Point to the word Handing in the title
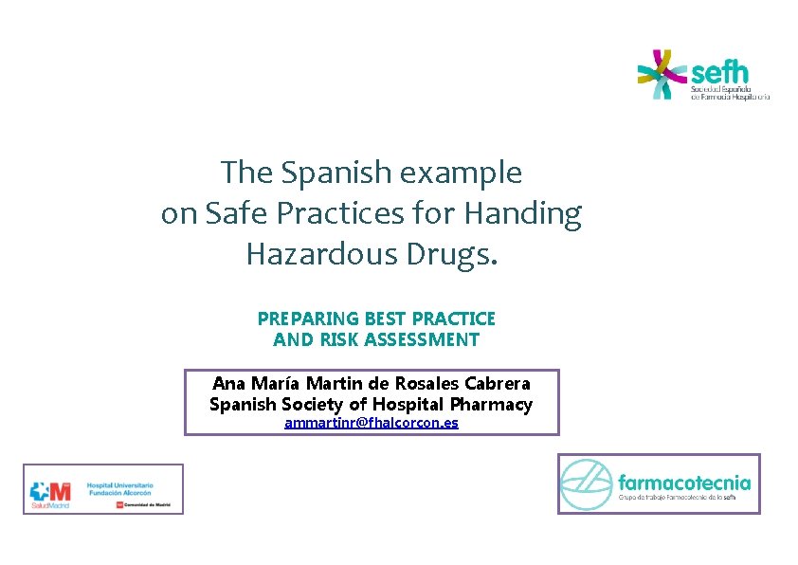522,214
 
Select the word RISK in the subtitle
354,339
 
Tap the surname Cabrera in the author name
495,384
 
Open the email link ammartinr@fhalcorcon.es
372,423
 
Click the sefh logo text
720,72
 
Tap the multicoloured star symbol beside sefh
662,74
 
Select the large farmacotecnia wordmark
683,483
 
